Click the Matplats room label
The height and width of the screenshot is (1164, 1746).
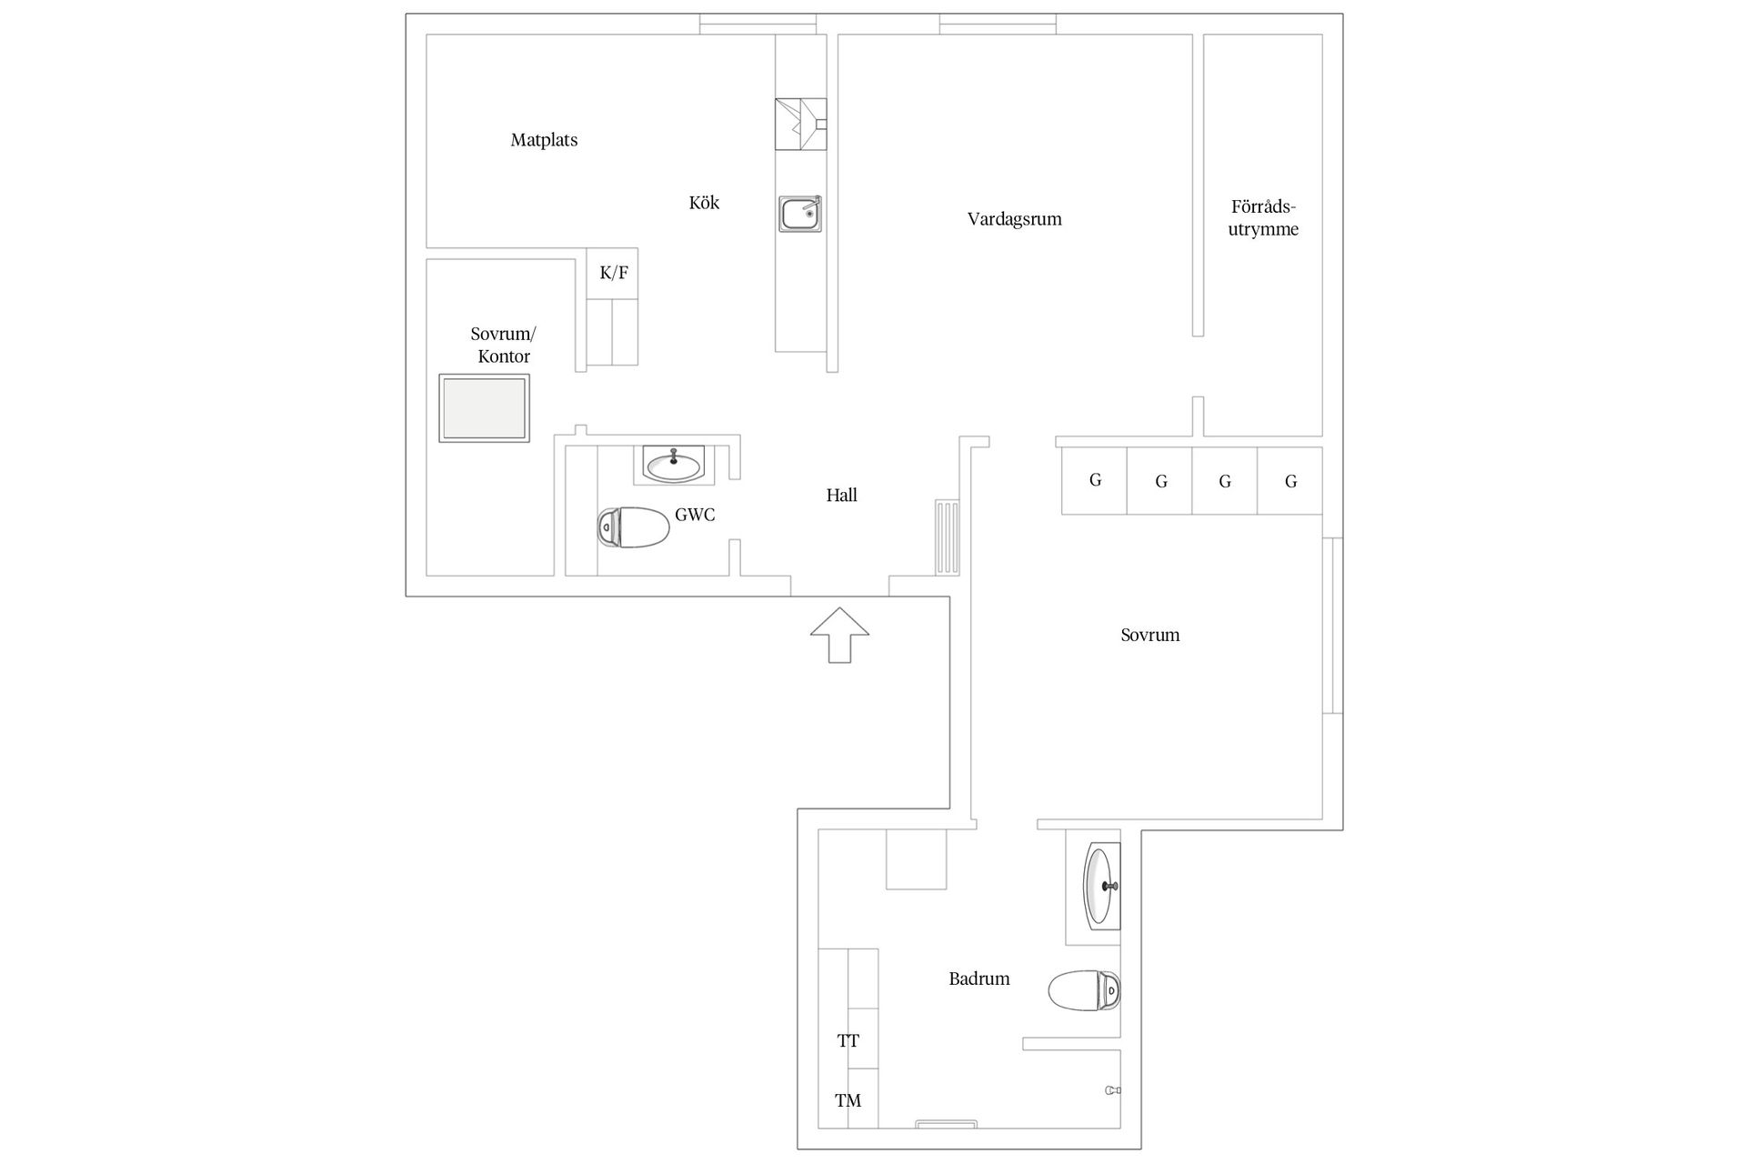(544, 140)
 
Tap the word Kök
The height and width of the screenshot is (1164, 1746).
(704, 203)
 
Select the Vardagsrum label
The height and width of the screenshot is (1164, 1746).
(1014, 219)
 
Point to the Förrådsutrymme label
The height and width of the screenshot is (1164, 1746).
(1263, 218)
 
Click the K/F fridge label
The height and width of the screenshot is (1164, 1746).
(614, 272)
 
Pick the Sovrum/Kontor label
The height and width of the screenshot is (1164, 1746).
(503, 345)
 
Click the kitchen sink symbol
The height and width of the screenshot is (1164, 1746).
(800, 214)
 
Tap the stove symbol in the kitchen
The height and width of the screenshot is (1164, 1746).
(800, 124)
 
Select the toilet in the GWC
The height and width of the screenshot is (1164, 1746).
(634, 527)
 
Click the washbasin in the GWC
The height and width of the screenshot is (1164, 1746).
(673, 465)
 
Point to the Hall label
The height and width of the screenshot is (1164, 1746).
(841, 496)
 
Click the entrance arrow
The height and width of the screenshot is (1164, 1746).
(839, 635)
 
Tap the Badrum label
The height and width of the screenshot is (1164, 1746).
(979, 979)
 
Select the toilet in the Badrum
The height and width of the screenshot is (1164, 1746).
(1084, 991)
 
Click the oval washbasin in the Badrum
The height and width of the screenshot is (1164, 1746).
(1102, 886)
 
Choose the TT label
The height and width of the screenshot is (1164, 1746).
(848, 1041)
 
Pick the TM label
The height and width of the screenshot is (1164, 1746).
(848, 1101)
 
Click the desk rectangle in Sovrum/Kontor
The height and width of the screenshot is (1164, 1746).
(484, 408)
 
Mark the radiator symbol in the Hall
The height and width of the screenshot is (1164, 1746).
(948, 537)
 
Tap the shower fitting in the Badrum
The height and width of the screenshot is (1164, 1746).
(1112, 1090)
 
